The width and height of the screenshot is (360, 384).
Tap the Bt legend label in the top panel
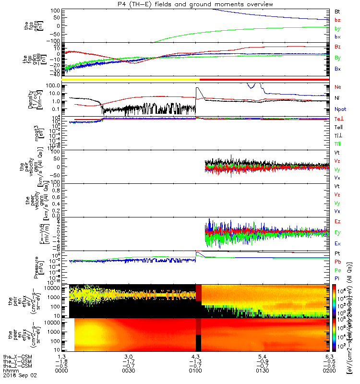337,11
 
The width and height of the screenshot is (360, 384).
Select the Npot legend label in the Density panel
339,109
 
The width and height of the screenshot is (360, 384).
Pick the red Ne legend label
338,87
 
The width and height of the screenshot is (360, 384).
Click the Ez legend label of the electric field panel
338,221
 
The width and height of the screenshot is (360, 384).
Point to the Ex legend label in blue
338,244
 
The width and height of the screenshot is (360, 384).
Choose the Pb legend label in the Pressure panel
338,262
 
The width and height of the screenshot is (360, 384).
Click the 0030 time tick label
128,370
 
